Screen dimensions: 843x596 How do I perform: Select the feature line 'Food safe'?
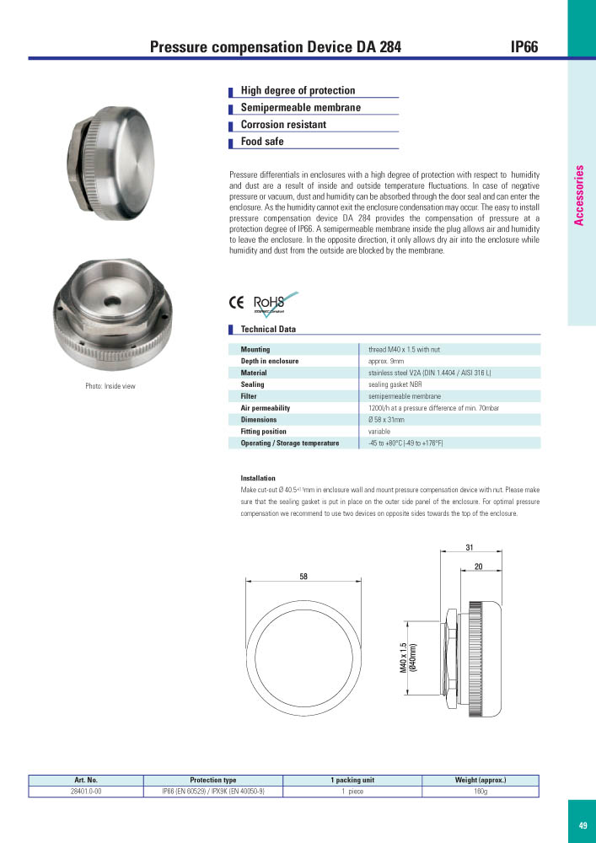pyautogui.click(x=262, y=142)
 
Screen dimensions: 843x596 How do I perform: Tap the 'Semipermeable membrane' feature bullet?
pyautogui.click(x=300, y=108)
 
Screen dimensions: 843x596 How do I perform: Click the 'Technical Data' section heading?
pyautogui.click(x=268, y=330)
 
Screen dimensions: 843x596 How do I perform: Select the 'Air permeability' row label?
pyautogui.click(x=265, y=408)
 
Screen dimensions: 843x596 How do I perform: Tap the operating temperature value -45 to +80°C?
pyautogui.click(x=406, y=443)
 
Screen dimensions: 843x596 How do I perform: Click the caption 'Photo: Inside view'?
pyautogui.click(x=110, y=386)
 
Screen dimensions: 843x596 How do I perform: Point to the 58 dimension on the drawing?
pyautogui.click(x=303, y=576)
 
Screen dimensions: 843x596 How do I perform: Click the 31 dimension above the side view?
pyautogui.click(x=470, y=548)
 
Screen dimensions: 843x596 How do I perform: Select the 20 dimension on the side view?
pyautogui.click(x=478, y=566)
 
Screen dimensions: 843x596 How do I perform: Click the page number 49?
pyautogui.click(x=583, y=826)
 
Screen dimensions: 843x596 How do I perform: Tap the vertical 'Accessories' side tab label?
pyautogui.click(x=579, y=195)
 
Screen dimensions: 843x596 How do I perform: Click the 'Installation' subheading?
pyautogui.click(x=257, y=478)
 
